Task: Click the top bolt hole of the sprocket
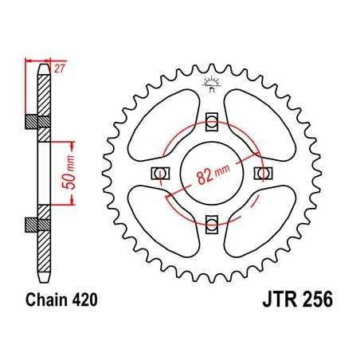pyautogui.click(x=211, y=121)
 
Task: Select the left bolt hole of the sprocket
pyautogui.click(x=159, y=173)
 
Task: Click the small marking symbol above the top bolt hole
pyautogui.click(x=211, y=82)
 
